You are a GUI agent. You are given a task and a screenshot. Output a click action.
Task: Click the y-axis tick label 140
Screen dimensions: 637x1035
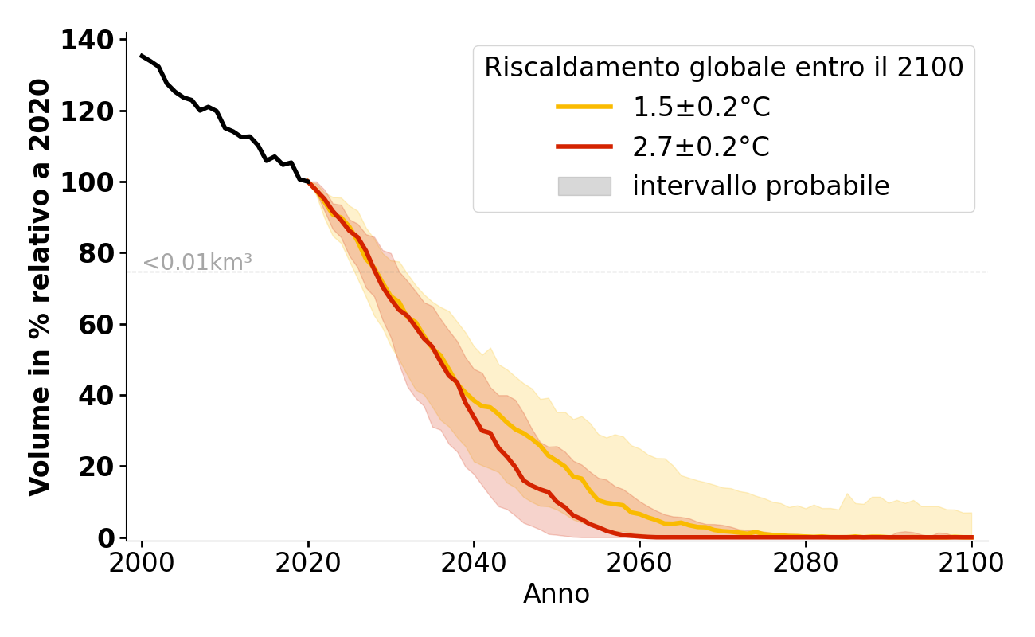tap(88, 40)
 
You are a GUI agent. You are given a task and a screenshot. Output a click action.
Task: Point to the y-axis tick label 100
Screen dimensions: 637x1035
tap(88, 182)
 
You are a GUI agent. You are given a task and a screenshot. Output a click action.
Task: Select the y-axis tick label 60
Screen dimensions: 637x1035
tap(96, 324)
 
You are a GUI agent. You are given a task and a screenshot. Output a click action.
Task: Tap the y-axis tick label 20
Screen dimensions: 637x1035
tap(96, 467)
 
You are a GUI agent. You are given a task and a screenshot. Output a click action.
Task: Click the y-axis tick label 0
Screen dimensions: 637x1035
tap(106, 538)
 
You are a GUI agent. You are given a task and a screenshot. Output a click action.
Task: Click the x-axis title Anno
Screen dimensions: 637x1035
tap(557, 594)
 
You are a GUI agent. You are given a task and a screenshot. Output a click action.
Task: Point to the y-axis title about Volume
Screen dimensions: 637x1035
tap(40, 287)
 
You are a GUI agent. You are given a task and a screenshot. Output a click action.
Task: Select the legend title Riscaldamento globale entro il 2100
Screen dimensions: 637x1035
tap(724, 68)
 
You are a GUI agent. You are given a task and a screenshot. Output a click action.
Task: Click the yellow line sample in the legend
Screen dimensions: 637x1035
tap(584, 107)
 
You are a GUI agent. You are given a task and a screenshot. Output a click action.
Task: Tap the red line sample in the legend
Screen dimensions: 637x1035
tap(584, 147)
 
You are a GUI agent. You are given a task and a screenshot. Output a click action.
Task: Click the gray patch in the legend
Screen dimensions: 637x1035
tap(584, 186)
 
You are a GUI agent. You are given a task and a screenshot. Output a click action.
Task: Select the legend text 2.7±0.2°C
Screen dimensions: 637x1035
tap(701, 147)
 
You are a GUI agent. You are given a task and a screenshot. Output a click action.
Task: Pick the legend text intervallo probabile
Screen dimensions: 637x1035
tap(760, 186)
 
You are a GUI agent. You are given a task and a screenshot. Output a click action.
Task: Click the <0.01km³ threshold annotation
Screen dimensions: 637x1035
tap(197, 262)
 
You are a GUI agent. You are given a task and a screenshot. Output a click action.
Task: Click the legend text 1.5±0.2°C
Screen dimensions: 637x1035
tap(701, 107)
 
